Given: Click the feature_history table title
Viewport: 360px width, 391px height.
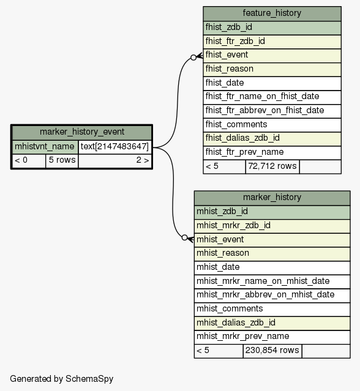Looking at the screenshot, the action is coord(272,13).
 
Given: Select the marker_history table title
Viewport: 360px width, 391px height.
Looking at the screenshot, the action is coord(272,198).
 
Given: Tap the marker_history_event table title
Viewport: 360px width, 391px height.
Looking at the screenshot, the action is coord(82,132).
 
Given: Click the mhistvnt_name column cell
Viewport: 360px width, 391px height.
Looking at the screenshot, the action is coord(45,147).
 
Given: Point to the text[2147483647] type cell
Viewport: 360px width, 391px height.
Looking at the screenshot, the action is coord(114,147).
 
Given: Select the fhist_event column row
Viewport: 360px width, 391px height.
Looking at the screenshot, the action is coord(272,55).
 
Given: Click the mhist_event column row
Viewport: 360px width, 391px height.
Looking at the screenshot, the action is coord(272,240).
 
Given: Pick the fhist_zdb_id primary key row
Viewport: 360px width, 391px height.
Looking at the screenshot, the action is coord(272,28).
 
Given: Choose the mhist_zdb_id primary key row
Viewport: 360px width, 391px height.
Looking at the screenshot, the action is coord(272,212).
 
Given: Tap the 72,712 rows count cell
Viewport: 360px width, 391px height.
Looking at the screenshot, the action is coord(272,166).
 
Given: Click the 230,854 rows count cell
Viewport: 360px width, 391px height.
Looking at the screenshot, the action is coord(272,351).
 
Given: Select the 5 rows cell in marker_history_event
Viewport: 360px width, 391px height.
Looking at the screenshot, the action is coord(62,160).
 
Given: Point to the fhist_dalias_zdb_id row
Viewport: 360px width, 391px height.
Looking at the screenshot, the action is coord(272,139).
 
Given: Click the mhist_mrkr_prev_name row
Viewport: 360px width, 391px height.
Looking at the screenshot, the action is coord(272,337).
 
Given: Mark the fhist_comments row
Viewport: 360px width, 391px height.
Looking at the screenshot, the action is coord(272,125).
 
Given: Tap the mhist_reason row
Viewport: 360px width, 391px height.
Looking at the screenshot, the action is coord(272,254).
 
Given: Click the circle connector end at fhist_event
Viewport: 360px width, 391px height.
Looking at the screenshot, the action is coord(193,58).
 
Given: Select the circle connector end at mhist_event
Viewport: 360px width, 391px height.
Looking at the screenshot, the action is coord(184,237).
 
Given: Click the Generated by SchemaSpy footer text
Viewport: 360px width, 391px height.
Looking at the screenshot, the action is coord(62,379).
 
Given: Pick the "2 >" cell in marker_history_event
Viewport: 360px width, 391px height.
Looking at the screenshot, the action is coord(115,160).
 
